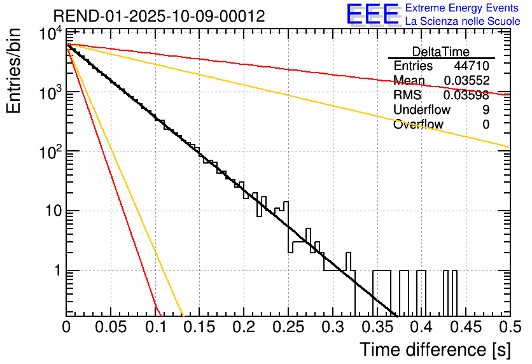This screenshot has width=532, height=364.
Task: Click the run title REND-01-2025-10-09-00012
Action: pos(159,15)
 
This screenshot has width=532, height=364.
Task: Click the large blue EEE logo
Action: pos(372,15)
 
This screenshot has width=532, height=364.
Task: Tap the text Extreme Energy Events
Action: pos(463,8)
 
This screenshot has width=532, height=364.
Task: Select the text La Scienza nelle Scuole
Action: pos(463,21)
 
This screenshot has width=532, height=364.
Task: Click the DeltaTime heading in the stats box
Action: pos(441,52)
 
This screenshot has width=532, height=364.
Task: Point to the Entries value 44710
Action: pos(472,66)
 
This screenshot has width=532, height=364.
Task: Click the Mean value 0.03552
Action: pos(466,81)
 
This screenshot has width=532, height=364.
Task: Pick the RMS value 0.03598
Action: pos(466,95)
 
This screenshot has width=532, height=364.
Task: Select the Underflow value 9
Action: pos(486,110)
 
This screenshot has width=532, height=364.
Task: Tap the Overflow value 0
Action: pos(486,125)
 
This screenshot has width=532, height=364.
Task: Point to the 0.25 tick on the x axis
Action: pos(288,327)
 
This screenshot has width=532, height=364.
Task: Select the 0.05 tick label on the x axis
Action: pos(111,327)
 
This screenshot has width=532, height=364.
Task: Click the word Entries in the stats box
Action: pos(413,66)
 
